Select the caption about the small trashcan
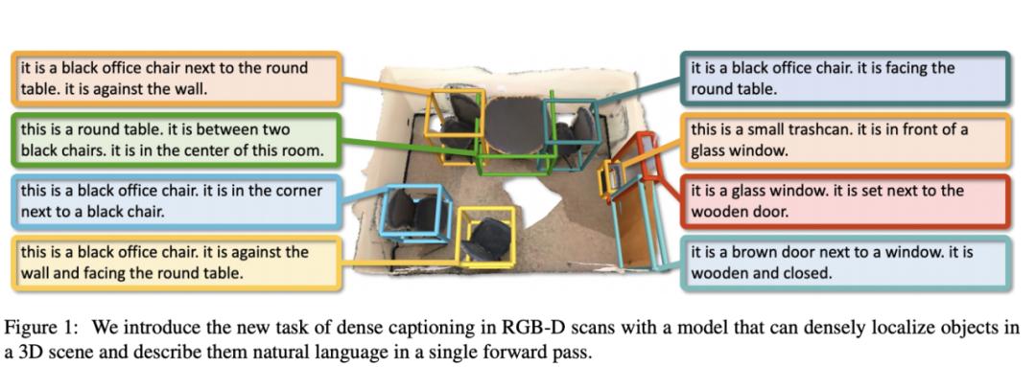pos(844,139)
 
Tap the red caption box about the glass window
pos(844,200)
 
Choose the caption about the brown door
pos(844,262)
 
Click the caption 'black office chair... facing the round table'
pos(844,78)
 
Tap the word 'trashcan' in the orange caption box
pos(840,129)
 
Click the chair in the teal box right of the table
pos(578,129)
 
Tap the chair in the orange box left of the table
pos(460,115)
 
